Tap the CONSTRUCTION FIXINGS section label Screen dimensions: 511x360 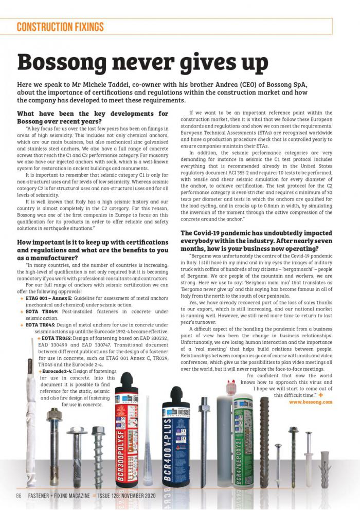tap(60, 27)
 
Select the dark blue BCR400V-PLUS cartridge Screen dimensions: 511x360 tap(176, 437)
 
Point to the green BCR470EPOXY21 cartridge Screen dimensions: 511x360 tap(243, 437)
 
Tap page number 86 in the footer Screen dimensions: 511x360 tap(19, 496)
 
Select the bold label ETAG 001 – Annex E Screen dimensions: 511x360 tap(49, 298)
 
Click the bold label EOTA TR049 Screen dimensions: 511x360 tap(42, 311)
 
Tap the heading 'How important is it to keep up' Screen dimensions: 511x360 tap(93, 243)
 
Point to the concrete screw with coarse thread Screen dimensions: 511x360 tap(98, 452)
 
